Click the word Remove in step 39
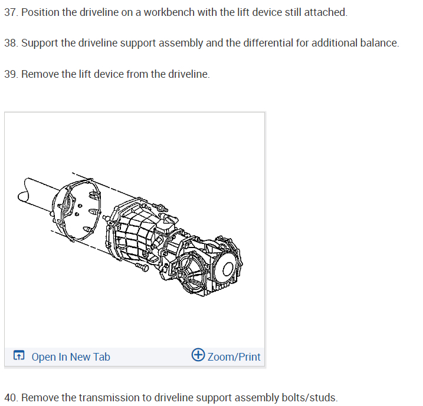pos(40,74)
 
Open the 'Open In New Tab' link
pos(70,357)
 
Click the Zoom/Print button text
pos(234,357)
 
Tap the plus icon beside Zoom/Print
pos(198,355)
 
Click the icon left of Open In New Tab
pos(19,356)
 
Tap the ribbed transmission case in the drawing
pos(136,236)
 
